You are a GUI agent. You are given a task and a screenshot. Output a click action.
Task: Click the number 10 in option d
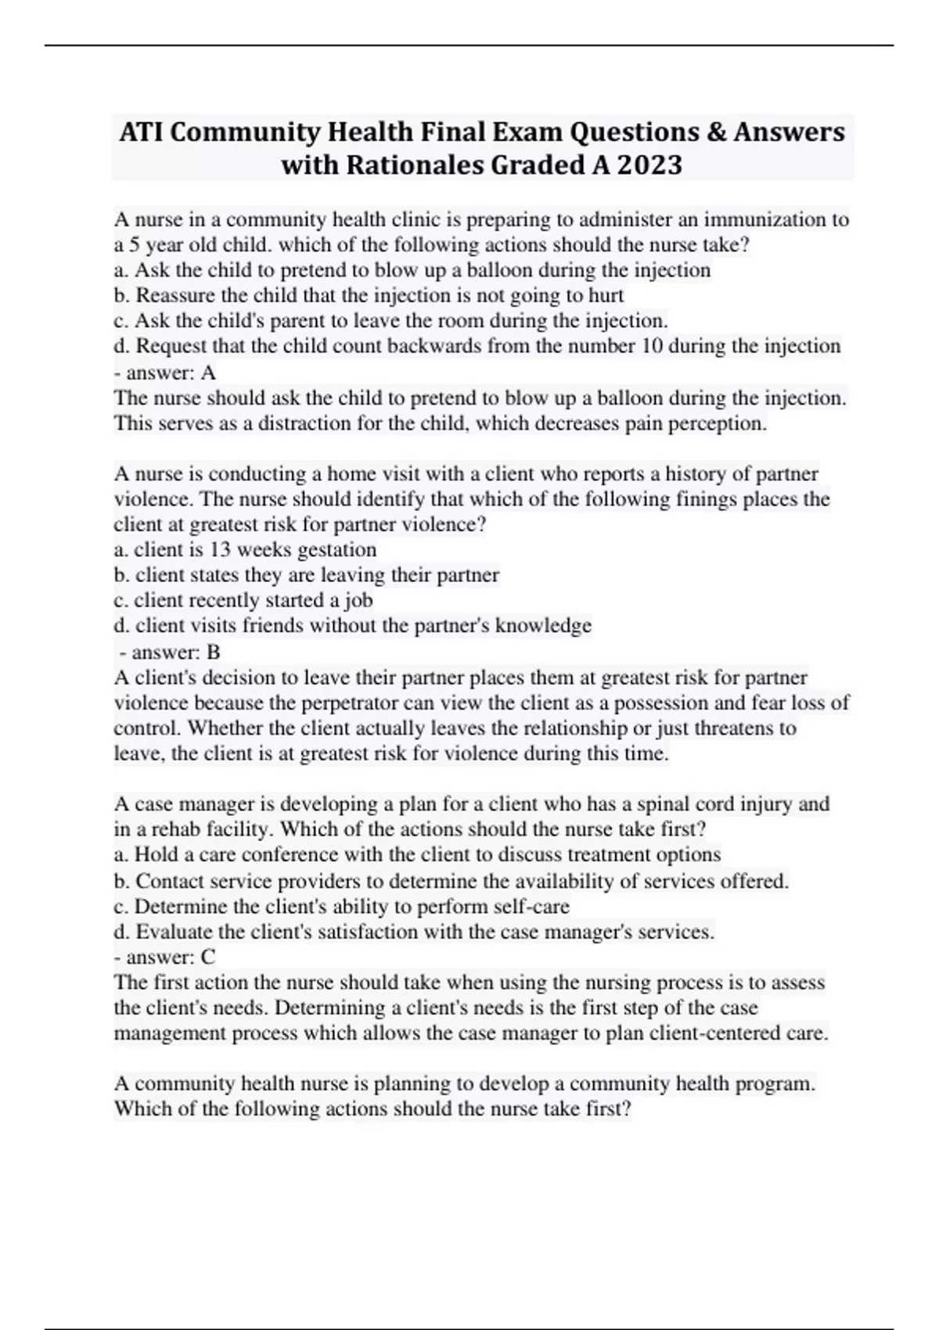(x=651, y=346)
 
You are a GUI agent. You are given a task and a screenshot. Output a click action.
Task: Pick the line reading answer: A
(x=164, y=372)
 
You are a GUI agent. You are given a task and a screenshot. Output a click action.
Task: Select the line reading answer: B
(x=169, y=652)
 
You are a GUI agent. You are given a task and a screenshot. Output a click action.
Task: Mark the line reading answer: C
(x=164, y=957)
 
